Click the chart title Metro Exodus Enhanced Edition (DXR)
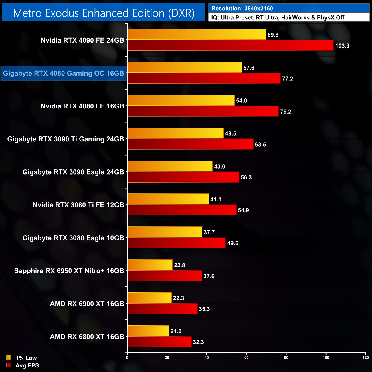tap(104, 13)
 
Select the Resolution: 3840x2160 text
tap(242, 9)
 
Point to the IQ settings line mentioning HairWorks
tap(278, 18)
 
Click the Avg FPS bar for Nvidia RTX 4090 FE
tap(230, 45)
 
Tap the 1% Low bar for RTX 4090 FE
tap(197, 35)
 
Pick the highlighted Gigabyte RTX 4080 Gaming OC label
tap(64, 73)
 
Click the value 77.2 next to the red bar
tap(288, 79)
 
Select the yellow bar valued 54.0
tap(181, 100)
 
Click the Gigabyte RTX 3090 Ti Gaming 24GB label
tap(66, 139)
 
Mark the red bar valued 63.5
tap(190, 144)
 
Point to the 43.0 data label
tap(219, 167)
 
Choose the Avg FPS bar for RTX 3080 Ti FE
tap(182, 210)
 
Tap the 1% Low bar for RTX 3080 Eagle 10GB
tap(165, 232)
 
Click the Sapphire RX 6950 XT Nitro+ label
tap(69, 271)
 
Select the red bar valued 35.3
tap(162, 309)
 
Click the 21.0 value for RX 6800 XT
tap(176, 331)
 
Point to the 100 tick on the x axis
tap(326, 357)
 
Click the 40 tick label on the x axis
tap(207, 357)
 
